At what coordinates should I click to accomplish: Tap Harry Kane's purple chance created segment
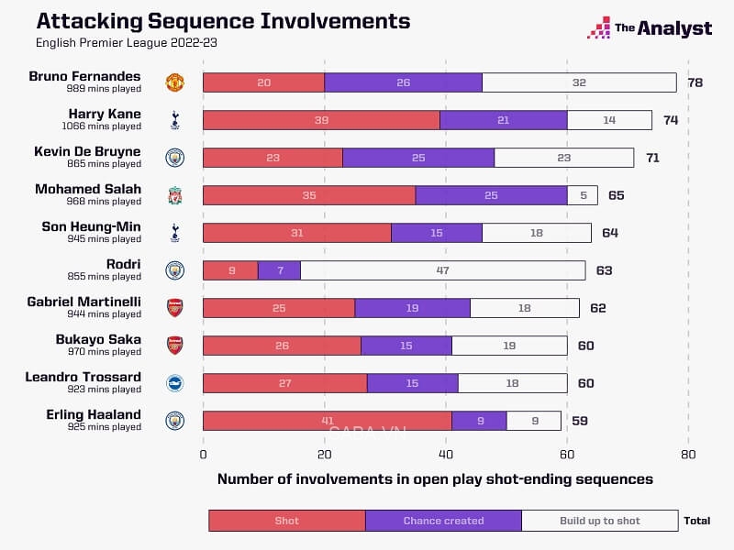[x=503, y=120]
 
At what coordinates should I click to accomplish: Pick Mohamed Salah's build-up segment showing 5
[x=584, y=195]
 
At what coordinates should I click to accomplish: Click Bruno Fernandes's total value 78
[x=695, y=82]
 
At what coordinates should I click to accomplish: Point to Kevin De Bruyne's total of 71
[x=652, y=158]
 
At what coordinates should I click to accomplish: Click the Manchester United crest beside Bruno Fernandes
[x=174, y=82]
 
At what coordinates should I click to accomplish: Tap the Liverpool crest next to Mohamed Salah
[x=174, y=195]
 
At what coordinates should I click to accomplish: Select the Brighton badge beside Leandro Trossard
[x=174, y=383]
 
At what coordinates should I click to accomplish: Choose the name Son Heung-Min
[x=92, y=226]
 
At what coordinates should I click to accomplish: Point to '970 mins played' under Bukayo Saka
[x=103, y=352]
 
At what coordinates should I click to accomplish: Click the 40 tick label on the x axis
[x=446, y=453]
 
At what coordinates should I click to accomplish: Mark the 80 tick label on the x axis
[x=688, y=453]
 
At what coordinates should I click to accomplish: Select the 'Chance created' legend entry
[x=443, y=521]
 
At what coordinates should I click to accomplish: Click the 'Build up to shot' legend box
[x=600, y=521]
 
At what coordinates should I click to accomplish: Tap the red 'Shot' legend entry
[x=287, y=521]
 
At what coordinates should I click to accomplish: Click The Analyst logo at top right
[x=650, y=27]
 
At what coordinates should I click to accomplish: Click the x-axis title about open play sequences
[x=435, y=478]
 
